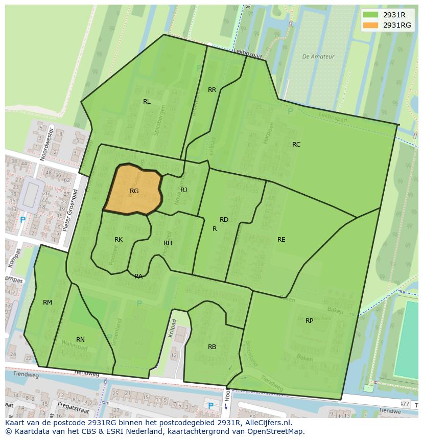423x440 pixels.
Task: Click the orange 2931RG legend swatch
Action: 371,25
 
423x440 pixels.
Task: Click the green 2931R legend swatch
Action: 371,15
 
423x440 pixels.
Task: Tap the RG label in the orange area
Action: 134,191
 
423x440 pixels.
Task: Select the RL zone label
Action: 147,102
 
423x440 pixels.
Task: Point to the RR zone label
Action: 212,90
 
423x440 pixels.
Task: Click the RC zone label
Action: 296,145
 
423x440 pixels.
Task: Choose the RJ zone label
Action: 184,190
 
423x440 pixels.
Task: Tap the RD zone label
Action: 224,220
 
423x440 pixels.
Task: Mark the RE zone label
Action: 281,240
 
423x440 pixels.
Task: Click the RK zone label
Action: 119,240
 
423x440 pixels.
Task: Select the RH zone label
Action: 168,243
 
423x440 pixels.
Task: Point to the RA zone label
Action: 138,276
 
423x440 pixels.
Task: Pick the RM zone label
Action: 48,303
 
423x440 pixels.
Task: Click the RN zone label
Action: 80,340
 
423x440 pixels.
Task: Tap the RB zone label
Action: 212,347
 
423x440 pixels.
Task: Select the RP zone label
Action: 309,321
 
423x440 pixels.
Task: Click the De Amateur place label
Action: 318,57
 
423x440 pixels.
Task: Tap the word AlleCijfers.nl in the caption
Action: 267,423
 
